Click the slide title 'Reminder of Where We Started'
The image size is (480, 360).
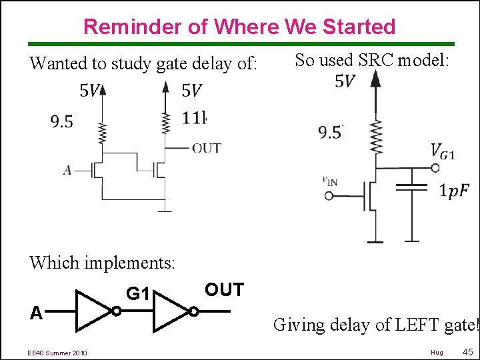point(239,27)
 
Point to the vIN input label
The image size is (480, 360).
point(329,180)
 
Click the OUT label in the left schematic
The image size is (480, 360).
point(206,148)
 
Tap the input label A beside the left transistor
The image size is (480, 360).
point(67,170)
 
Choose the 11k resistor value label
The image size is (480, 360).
point(195,119)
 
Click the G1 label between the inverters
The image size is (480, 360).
point(137,292)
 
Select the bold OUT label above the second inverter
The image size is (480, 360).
point(224,290)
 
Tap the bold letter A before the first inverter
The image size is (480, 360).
point(37,313)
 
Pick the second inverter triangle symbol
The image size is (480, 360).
point(171,311)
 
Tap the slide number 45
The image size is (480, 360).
point(467,351)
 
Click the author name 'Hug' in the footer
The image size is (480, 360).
point(437,352)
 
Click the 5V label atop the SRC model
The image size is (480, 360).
point(345,81)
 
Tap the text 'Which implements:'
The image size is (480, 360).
point(102,263)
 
